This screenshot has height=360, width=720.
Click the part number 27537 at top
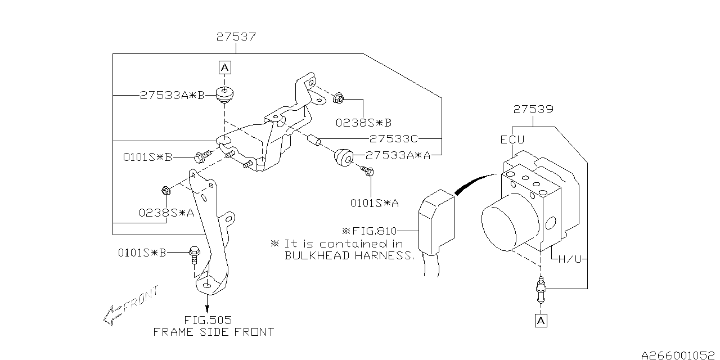click(236, 38)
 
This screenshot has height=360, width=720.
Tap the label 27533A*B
click(172, 96)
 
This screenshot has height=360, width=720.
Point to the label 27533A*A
click(398, 155)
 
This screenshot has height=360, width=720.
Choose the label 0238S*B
click(363, 121)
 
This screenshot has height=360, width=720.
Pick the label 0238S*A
click(166, 213)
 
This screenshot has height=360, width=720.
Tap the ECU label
click(512, 141)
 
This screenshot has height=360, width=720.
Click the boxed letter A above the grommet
click(224, 68)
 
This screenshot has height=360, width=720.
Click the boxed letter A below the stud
click(541, 321)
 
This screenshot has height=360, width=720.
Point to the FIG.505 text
click(208, 319)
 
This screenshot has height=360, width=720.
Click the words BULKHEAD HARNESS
click(349, 255)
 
